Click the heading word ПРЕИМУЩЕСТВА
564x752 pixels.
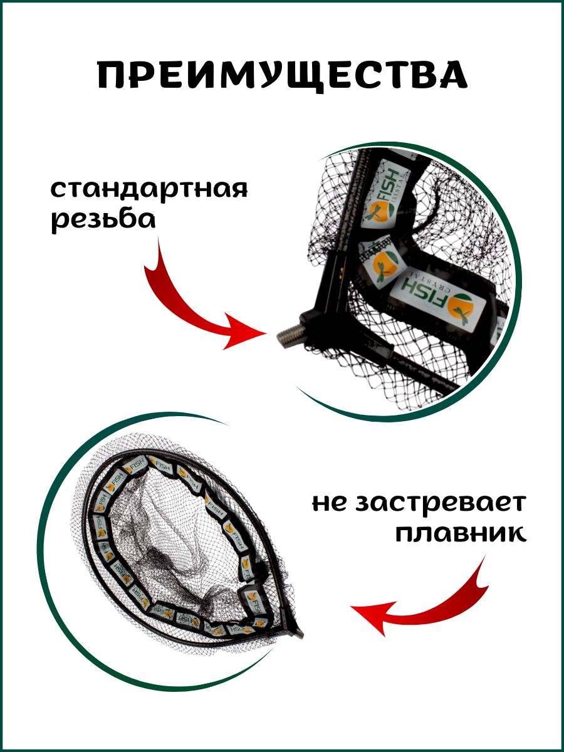click(283, 75)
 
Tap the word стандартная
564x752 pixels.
click(149, 189)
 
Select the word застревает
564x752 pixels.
click(439, 505)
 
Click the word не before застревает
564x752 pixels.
click(330, 506)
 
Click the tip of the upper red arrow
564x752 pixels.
click(266, 333)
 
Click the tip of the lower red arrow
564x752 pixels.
click(350, 608)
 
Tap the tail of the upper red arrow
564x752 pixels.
click(158, 237)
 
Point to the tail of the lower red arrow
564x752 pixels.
click(485, 556)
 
